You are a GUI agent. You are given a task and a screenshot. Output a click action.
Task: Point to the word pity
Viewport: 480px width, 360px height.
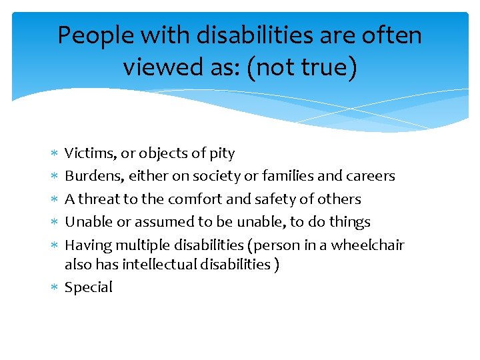pyautogui.click(x=221, y=153)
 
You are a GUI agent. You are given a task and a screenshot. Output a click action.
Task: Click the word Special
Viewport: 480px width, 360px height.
pyautogui.click(x=88, y=287)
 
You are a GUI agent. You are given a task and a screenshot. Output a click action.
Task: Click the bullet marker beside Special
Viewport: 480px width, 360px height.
pyautogui.click(x=54, y=287)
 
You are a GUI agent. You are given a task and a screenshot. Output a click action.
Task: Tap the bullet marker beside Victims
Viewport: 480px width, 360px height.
pyautogui.click(x=54, y=154)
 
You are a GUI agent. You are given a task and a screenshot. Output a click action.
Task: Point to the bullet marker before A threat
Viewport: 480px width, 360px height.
pyautogui.click(x=54, y=199)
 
